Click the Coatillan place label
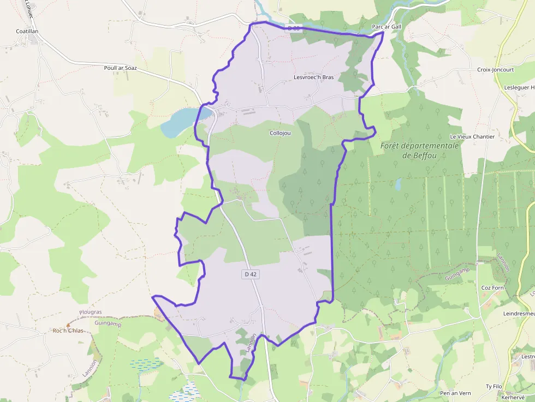27,32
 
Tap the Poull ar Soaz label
120,68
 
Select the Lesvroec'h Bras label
313,77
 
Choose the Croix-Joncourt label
495,70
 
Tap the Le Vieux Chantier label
472,136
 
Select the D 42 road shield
250,274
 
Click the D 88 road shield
294,28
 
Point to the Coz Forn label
492,287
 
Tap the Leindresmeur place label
519,314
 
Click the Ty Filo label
494,386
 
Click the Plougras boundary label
90,312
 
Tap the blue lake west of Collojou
180,122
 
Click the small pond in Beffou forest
398,184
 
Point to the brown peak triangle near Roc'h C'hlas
68,325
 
